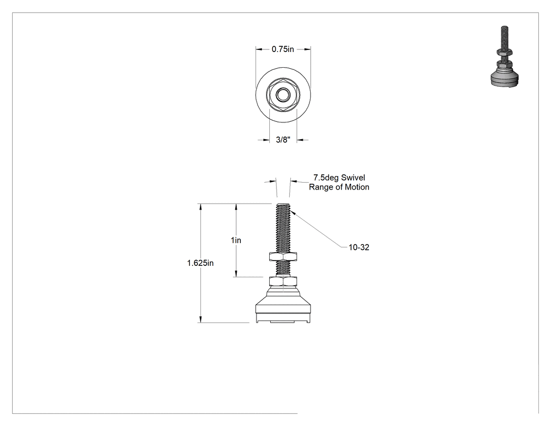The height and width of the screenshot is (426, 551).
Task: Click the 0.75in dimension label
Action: (x=282, y=49)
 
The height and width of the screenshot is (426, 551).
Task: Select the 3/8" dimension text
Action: (x=283, y=140)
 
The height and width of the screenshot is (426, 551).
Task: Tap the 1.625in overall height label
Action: (x=200, y=263)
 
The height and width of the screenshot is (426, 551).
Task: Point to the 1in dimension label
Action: (x=236, y=240)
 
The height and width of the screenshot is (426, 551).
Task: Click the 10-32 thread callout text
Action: (x=359, y=247)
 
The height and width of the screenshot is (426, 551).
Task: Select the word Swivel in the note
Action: (x=353, y=178)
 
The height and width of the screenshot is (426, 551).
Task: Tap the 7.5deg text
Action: (x=326, y=178)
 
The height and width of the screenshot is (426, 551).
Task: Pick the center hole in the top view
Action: (x=283, y=94)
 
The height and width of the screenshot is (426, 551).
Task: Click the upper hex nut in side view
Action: (x=283, y=256)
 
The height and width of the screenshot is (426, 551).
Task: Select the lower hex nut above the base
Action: (x=283, y=281)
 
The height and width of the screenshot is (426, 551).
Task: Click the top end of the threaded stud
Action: (x=283, y=204)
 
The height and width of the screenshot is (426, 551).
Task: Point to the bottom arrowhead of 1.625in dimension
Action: (x=200, y=319)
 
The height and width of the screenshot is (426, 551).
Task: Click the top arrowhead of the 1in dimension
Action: (x=236, y=207)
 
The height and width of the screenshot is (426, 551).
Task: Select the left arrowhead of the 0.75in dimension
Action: (x=259, y=49)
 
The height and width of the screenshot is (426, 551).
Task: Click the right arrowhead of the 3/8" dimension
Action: (x=301, y=140)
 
